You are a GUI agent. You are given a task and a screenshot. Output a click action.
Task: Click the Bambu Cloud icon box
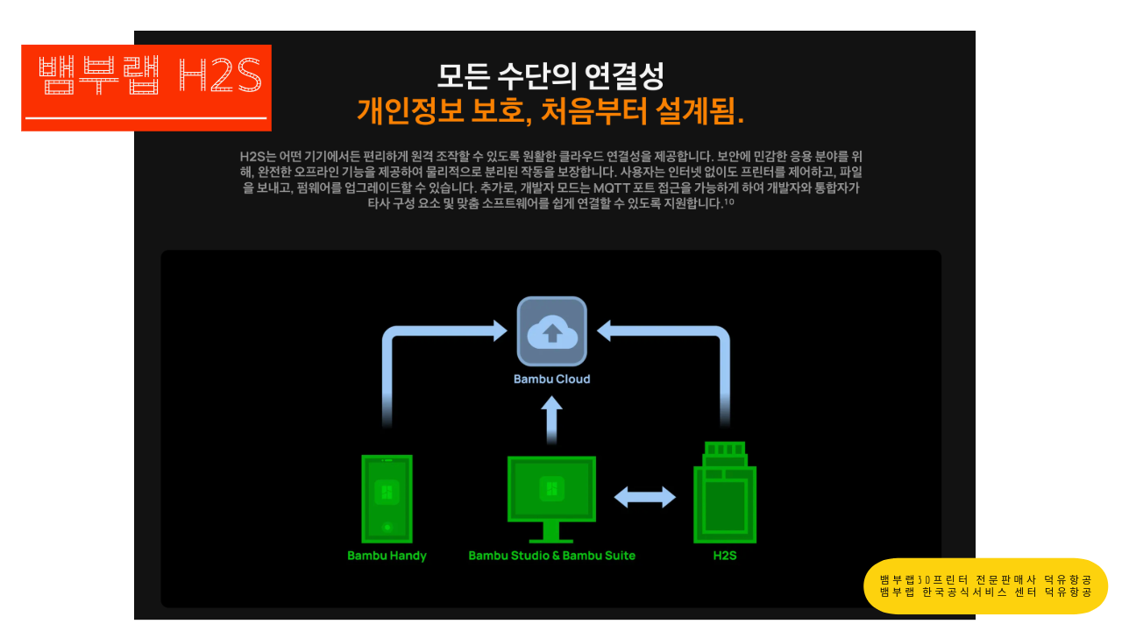click(551, 331)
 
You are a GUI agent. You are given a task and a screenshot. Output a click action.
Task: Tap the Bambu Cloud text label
click(551, 379)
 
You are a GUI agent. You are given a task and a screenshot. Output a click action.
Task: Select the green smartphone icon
click(387, 499)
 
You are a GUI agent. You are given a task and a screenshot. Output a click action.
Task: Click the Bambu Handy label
click(387, 556)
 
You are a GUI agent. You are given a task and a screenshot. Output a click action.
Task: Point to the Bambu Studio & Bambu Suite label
click(551, 556)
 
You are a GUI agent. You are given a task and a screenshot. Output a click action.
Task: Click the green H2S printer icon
click(725, 493)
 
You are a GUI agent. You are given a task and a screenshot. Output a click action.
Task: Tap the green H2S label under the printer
click(725, 556)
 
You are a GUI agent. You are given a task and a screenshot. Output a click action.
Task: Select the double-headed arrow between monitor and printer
click(644, 497)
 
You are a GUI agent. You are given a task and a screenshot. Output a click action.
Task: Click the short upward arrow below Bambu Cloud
click(551, 421)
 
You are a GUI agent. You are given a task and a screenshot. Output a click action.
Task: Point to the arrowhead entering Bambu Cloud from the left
click(500, 330)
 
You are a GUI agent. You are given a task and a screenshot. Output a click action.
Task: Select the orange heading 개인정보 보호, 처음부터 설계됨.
click(550, 111)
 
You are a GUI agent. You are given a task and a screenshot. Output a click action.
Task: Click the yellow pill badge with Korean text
click(985, 585)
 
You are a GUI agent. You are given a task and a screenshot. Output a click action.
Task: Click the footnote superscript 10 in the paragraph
click(728, 201)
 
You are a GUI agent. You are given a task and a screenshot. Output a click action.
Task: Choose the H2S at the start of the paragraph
click(252, 156)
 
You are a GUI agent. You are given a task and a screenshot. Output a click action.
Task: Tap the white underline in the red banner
click(146, 117)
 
